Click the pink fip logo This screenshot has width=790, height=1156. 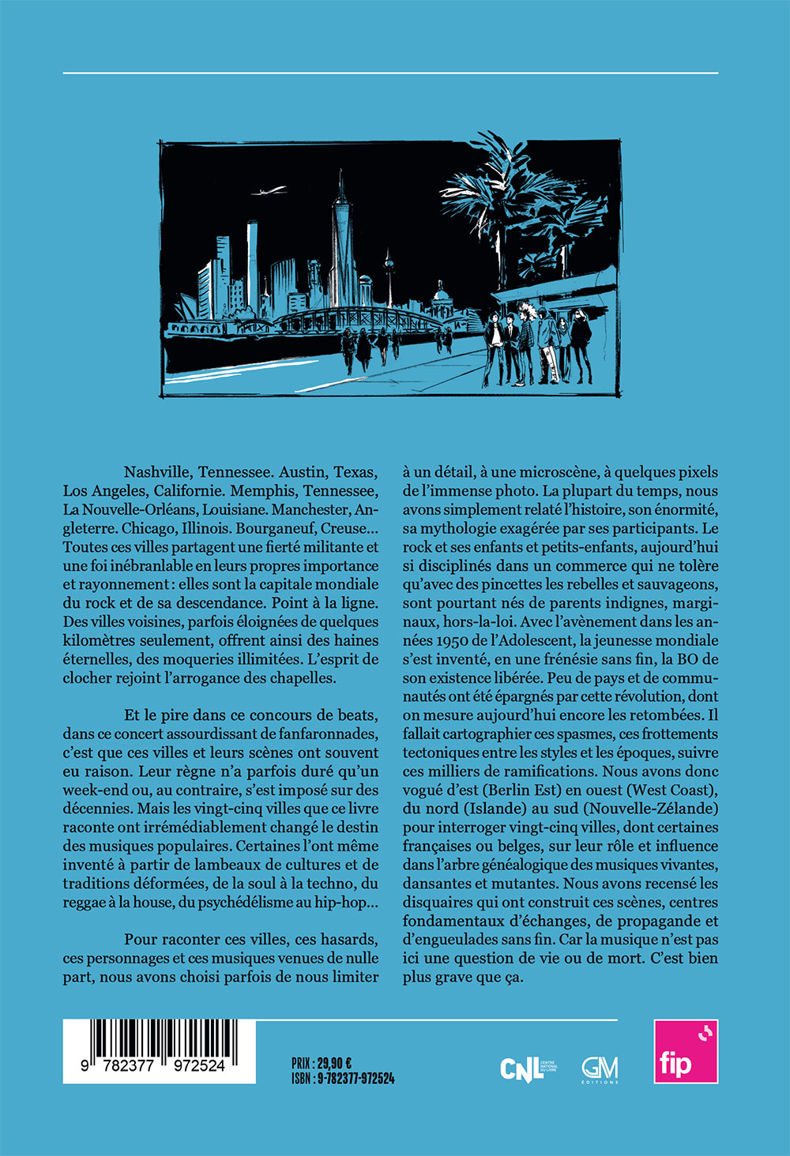(686, 1052)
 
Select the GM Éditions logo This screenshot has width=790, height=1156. (600, 1070)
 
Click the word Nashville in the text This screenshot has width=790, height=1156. (156, 472)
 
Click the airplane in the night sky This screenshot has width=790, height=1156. (270, 190)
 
